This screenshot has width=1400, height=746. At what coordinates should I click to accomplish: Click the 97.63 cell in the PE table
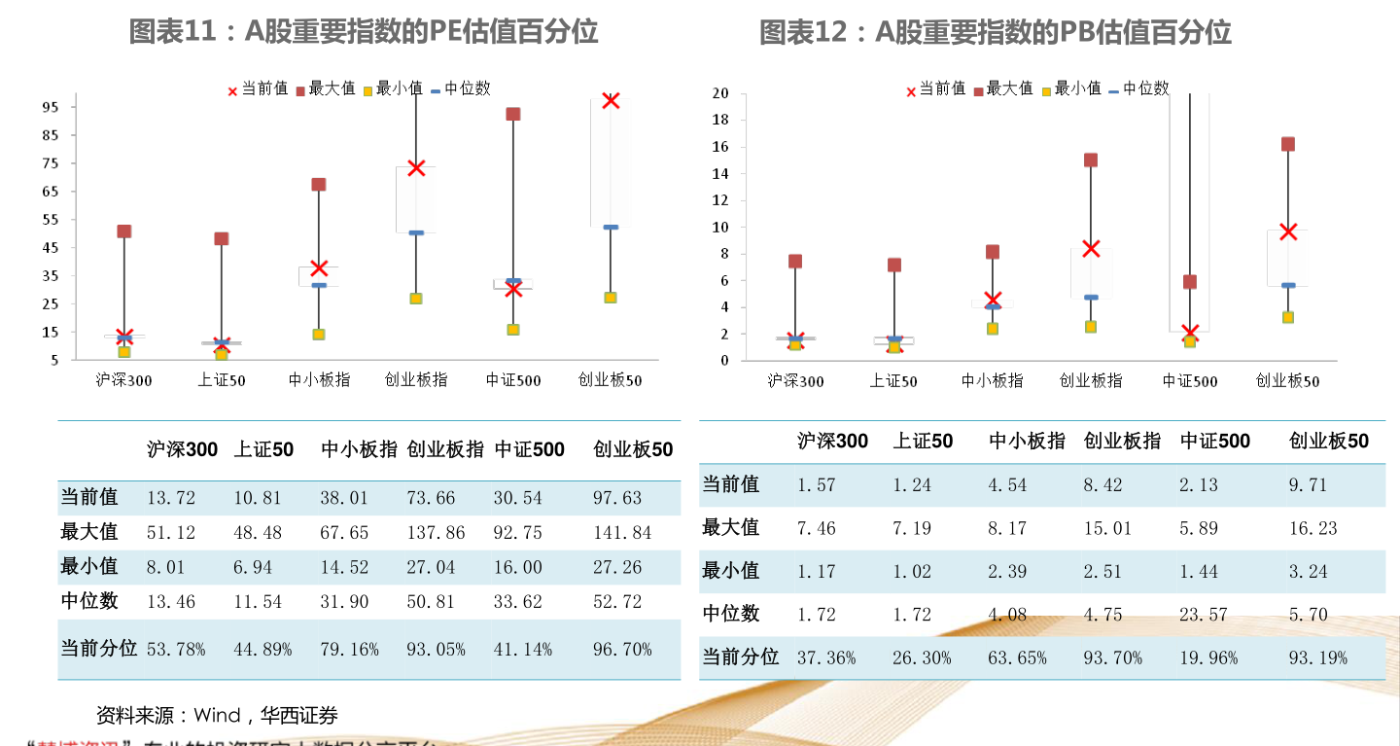617,498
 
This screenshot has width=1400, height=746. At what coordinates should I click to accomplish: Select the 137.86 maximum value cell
436,533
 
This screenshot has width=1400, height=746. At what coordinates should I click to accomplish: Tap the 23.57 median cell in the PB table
1204,615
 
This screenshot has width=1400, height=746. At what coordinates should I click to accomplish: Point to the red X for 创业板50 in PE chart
611,100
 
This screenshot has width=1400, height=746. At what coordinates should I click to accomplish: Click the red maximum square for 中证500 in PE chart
513,114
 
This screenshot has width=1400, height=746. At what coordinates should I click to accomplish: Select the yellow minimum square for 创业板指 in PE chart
416,299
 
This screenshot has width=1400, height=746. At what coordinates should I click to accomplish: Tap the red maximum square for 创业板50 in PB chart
1287,144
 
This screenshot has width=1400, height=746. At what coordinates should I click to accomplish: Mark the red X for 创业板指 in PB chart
1091,248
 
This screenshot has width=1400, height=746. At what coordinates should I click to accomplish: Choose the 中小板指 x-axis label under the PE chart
319,380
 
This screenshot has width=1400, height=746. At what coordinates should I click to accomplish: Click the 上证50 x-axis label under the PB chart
893,381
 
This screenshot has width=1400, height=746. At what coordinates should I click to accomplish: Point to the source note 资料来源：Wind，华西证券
217,717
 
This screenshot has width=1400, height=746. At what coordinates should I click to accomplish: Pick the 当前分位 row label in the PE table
98,649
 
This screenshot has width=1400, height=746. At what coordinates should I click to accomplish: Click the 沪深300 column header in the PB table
832,442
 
